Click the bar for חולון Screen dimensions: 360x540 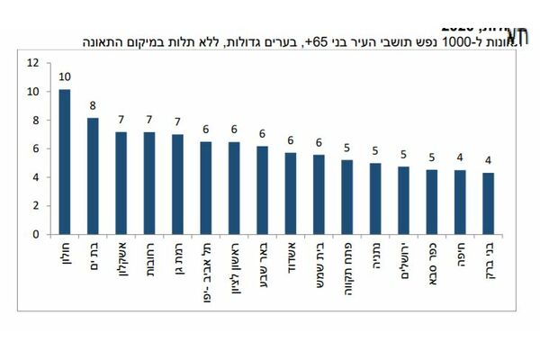65,162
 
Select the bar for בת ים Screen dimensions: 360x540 93,176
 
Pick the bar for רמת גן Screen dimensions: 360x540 177,184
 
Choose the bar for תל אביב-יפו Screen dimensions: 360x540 206,188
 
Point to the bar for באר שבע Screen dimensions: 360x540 262,190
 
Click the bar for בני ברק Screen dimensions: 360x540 489,203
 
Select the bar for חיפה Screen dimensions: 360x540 460,202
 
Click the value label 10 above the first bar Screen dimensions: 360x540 65,78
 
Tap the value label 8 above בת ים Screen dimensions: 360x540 93,106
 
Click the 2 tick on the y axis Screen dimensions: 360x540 36,206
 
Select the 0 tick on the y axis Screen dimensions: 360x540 36,235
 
